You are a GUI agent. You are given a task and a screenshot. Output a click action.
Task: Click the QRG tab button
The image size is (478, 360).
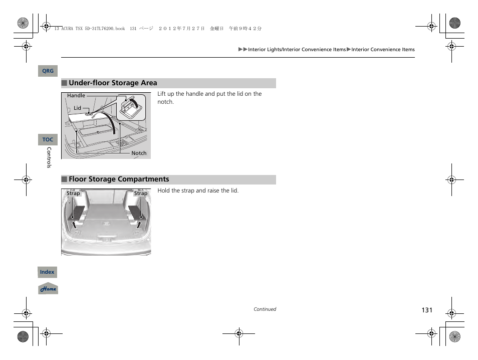pos(48,71)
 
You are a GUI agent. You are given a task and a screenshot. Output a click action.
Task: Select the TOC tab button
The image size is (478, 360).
pos(48,140)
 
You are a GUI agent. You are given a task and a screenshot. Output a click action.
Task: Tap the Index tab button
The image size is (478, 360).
pos(47,272)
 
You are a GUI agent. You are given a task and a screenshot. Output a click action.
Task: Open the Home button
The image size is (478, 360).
pos(48,289)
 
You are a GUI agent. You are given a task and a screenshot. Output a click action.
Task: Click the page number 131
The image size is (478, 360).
pos(426,310)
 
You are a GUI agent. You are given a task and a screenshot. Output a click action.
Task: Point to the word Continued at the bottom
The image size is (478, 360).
pos(265,309)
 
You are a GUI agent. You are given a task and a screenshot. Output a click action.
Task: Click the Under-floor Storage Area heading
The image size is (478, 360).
pos(113,83)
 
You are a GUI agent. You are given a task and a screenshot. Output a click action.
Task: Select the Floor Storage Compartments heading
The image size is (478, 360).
pos(119,179)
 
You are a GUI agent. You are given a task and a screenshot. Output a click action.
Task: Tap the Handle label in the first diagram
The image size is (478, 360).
pos(76,96)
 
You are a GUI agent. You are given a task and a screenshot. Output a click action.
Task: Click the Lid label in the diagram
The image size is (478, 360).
pos(77,108)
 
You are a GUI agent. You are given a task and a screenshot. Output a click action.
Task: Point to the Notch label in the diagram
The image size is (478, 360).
pos(139,153)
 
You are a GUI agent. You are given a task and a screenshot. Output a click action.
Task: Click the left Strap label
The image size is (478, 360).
pos(73,194)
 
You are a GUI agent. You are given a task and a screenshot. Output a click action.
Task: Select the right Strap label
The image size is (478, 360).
pos(140,194)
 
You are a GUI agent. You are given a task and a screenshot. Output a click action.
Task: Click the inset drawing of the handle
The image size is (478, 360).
pos(133,106)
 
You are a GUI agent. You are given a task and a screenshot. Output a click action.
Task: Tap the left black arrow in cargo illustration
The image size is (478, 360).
pos(74,223)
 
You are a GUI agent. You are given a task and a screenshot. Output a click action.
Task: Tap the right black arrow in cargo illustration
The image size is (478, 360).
pos(138,224)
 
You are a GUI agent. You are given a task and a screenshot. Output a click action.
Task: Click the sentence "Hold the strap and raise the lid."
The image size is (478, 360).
pos(198,191)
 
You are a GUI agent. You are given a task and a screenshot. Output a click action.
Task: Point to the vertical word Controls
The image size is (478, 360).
pos(49,157)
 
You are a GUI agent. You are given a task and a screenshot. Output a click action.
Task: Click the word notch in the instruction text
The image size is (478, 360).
pos(165,102)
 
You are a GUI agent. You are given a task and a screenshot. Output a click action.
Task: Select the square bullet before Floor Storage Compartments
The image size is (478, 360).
pos(64,179)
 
